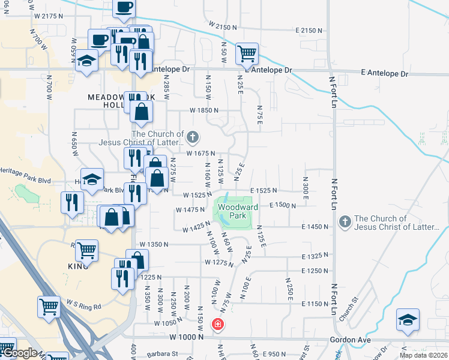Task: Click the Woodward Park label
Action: click(x=238, y=211)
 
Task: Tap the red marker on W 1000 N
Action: click(x=217, y=325)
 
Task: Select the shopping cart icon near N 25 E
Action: click(x=247, y=53)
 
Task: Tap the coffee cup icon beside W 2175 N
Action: click(x=124, y=8)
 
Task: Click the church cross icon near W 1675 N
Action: click(x=192, y=138)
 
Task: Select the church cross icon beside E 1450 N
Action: click(x=345, y=222)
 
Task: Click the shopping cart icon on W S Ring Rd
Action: click(x=49, y=307)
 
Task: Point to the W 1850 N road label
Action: click(x=204, y=110)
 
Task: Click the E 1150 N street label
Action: click(x=315, y=304)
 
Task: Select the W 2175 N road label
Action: click(x=49, y=16)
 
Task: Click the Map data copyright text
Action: click(x=423, y=355)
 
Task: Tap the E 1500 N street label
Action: click(x=285, y=205)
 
